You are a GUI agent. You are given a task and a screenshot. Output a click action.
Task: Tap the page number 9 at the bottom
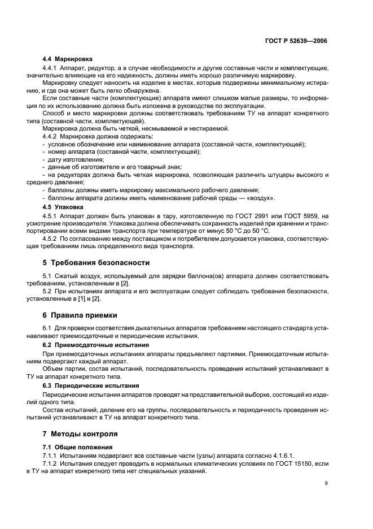[326, 483]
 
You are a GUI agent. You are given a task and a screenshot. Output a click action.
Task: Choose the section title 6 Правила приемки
[84, 315]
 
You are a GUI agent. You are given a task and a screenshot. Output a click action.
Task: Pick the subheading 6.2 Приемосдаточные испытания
[96, 344]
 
